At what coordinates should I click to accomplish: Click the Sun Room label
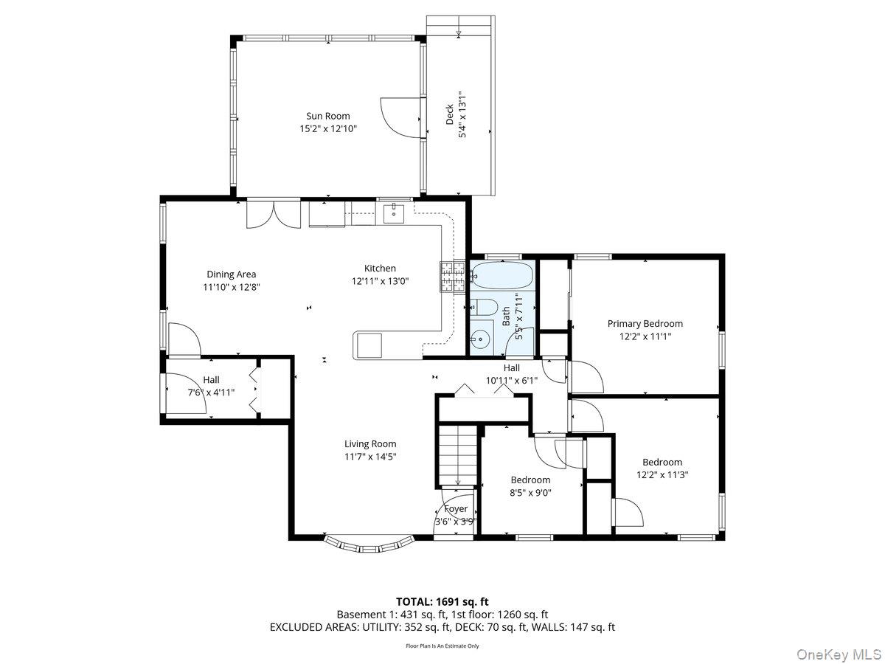(x=328, y=116)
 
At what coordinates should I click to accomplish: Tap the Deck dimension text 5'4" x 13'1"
(x=463, y=114)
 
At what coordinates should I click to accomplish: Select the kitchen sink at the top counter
(x=395, y=213)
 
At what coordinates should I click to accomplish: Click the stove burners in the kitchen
(x=453, y=277)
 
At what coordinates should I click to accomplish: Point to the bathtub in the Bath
(x=501, y=275)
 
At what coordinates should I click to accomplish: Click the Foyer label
(x=455, y=509)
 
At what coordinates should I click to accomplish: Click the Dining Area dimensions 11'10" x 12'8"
(x=232, y=287)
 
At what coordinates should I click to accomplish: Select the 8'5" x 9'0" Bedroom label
(x=530, y=480)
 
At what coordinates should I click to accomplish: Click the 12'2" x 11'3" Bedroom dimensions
(x=662, y=475)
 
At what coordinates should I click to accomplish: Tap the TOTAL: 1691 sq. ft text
(x=442, y=601)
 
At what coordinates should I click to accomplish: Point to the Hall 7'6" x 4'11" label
(x=212, y=386)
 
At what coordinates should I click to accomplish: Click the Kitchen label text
(x=380, y=268)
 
